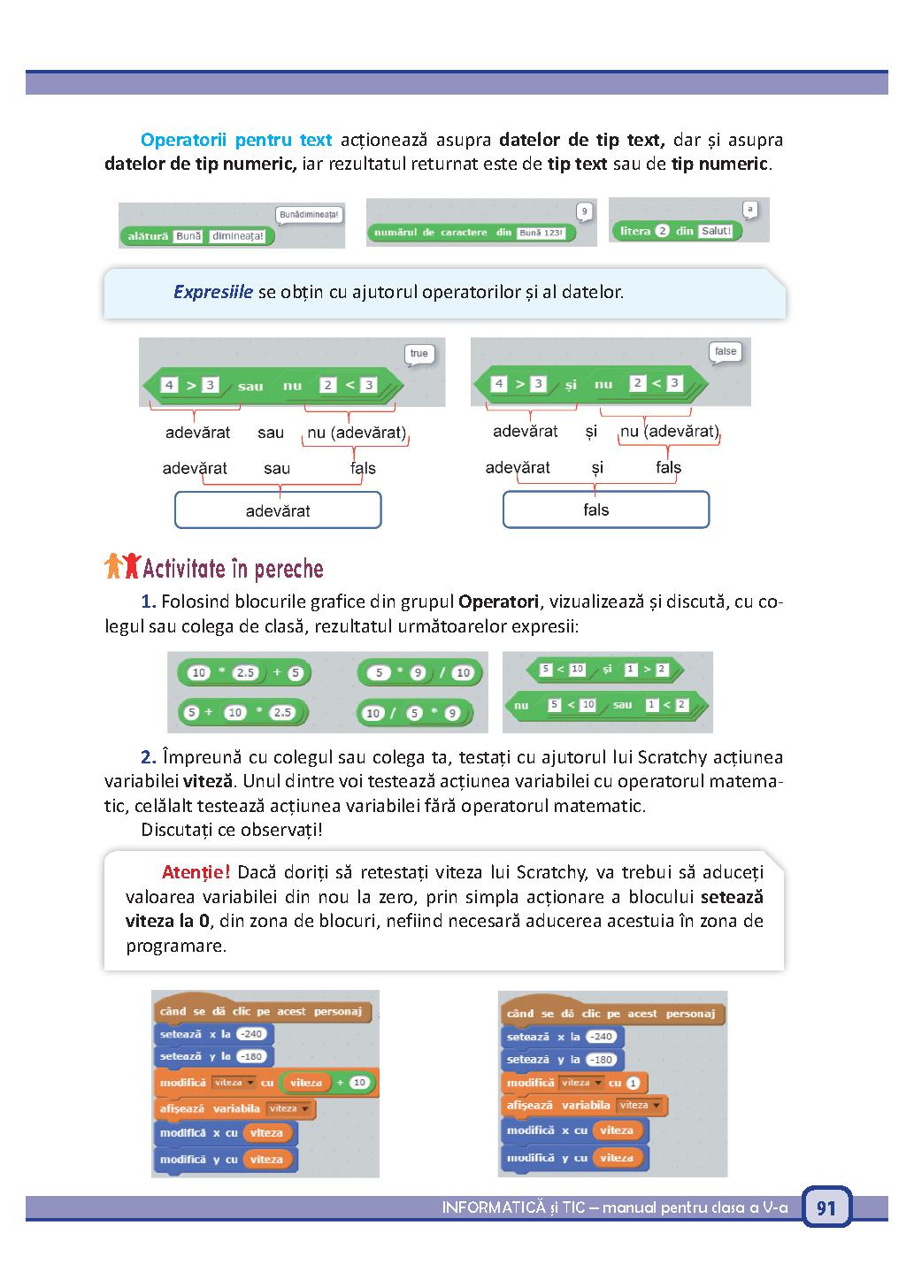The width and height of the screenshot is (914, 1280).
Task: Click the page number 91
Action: [x=826, y=1207]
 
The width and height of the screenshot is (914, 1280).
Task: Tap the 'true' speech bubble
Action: [x=419, y=355]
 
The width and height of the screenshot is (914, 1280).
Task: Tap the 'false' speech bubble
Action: [x=726, y=352]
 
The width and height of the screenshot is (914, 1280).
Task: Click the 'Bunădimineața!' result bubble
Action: [x=309, y=216]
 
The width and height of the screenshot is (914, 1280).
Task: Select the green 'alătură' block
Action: [x=197, y=236]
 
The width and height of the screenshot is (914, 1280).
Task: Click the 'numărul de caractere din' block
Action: [x=471, y=233]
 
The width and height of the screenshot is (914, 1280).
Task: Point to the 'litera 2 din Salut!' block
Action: [x=676, y=231]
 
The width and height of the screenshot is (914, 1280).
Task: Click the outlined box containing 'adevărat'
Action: [x=278, y=510]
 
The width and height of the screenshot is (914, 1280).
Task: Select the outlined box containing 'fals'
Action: [x=606, y=510]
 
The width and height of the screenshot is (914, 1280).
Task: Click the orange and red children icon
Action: [x=122, y=566]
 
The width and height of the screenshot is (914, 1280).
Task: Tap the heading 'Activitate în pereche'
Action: [x=234, y=569]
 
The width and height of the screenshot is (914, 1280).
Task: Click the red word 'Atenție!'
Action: [x=196, y=872]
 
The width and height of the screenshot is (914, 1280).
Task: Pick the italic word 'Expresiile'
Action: [x=213, y=292]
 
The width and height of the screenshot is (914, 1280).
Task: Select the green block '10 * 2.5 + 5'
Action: [x=244, y=672]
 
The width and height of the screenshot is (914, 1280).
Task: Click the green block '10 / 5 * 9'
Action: [x=415, y=713]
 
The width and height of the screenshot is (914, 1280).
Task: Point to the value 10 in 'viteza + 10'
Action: [x=359, y=1082]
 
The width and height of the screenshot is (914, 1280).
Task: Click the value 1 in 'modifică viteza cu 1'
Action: [x=633, y=1083]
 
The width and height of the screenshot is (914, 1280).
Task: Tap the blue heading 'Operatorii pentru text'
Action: [x=236, y=140]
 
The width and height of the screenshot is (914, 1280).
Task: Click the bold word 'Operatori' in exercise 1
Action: [x=498, y=602]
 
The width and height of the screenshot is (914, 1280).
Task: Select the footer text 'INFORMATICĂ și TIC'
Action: [x=513, y=1207]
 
